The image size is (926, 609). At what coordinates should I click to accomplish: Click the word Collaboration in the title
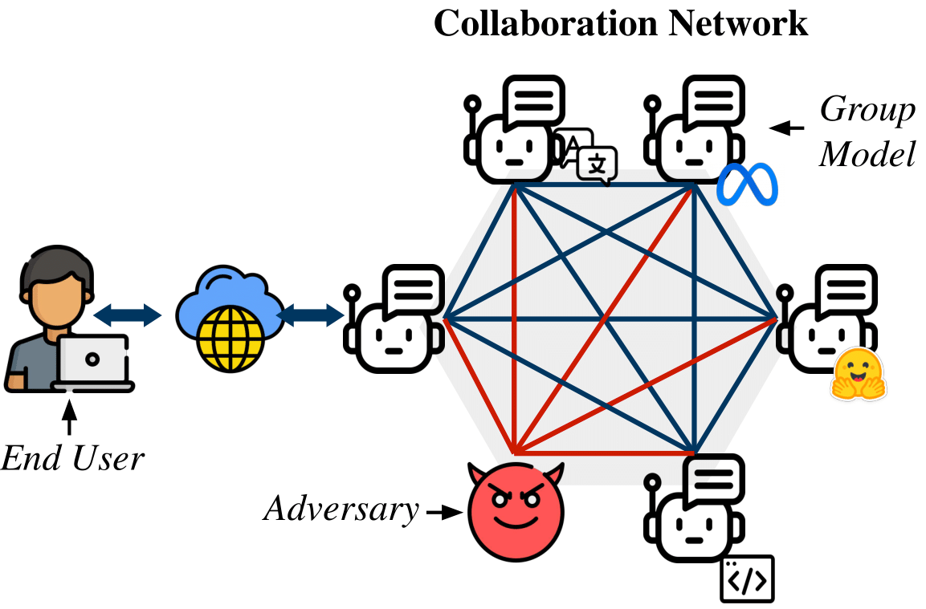click(547, 24)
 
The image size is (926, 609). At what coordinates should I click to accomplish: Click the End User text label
click(73, 459)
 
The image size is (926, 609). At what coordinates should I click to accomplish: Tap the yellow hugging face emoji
click(859, 375)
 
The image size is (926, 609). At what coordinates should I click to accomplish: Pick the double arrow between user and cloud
click(128, 315)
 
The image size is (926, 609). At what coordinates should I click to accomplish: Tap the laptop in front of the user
click(93, 363)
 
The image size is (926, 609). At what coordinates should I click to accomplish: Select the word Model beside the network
click(867, 154)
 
